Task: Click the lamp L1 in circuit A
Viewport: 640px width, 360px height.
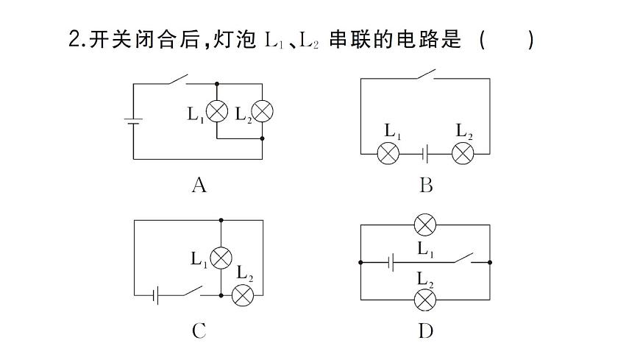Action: click(x=216, y=113)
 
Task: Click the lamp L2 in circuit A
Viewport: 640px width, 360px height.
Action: click(x=263, y=113)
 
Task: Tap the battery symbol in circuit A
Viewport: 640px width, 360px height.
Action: click(x=133, y=121)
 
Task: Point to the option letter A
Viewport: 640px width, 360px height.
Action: click(x=199, y=185)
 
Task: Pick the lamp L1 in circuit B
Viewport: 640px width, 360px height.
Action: click(x=388, y=154)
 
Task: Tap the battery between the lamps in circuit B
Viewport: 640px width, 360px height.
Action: click(x=425, y=154)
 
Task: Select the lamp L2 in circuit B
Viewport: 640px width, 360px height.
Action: click(x=463, y=154)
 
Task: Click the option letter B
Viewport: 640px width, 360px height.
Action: click(x=426, y=185)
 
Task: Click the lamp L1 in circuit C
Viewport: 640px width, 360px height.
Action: click(x=221, y=258)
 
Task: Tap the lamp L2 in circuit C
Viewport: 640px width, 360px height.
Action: click(x=243, y=296)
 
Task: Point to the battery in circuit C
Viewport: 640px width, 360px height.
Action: click(x=156, y=296)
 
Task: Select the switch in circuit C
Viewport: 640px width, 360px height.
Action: click(x=192, y=292)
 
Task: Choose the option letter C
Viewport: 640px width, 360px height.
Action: click(x=199, y=331)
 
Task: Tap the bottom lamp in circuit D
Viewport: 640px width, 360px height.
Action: click(x=424, y=299)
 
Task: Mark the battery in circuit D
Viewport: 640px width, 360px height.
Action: click(x=394, y=261)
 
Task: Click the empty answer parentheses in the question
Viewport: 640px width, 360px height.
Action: click(x=506, y=40)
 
